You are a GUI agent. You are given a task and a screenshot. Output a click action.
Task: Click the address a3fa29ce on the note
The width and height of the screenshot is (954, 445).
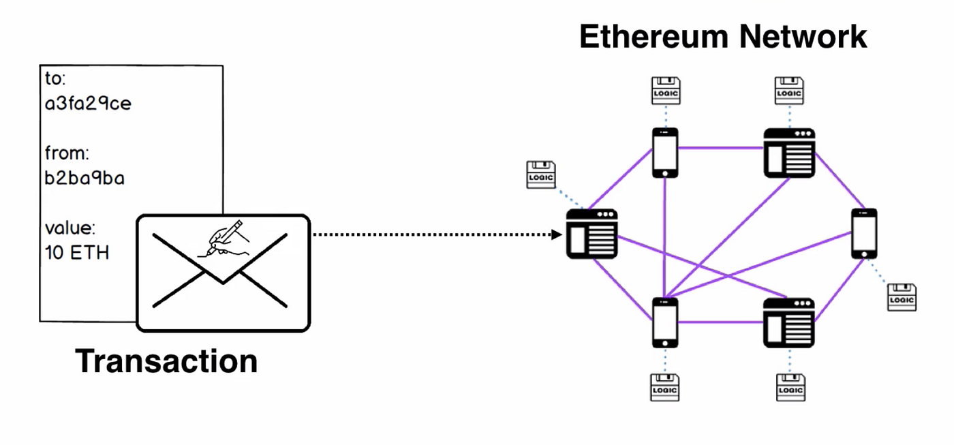(88, 104)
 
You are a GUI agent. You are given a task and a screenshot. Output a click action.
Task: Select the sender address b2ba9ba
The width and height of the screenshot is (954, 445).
(84, 179)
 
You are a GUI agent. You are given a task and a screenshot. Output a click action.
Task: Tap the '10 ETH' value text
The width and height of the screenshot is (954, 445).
(77, 253)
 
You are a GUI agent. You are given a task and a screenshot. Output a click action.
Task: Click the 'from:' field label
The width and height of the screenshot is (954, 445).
(67, 153)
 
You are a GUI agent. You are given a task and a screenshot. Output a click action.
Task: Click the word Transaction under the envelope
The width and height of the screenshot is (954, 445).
(166, 360)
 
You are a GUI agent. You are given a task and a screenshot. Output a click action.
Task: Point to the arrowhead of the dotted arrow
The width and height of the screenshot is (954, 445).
(557, 235)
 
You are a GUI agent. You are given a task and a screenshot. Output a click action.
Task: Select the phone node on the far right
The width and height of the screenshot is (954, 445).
(864, 233)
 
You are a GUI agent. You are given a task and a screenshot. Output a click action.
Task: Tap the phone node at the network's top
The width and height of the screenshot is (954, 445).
(664, 153)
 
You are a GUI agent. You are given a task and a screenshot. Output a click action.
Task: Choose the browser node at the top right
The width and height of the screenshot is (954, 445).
(789, 153)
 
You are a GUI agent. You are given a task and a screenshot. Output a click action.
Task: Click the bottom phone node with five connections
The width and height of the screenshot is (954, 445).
(664, 322)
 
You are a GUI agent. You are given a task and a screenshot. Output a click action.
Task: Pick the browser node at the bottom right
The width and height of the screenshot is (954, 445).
(789, 322)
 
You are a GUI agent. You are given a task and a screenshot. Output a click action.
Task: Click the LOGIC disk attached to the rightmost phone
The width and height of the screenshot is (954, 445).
(902, 298)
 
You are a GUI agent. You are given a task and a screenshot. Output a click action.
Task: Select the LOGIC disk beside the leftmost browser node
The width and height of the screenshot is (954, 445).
(541, 174)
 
